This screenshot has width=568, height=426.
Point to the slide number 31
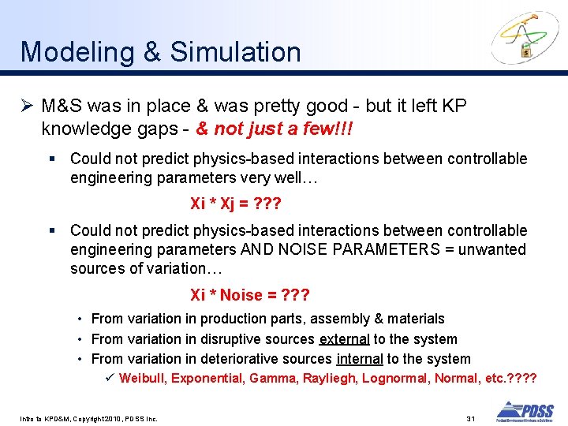[470, 417]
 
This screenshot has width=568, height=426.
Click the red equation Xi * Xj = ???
[236, 204]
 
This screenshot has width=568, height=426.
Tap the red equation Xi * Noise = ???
[250, 295]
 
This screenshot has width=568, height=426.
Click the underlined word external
[344, 339]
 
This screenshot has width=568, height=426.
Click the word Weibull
[142, 379]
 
